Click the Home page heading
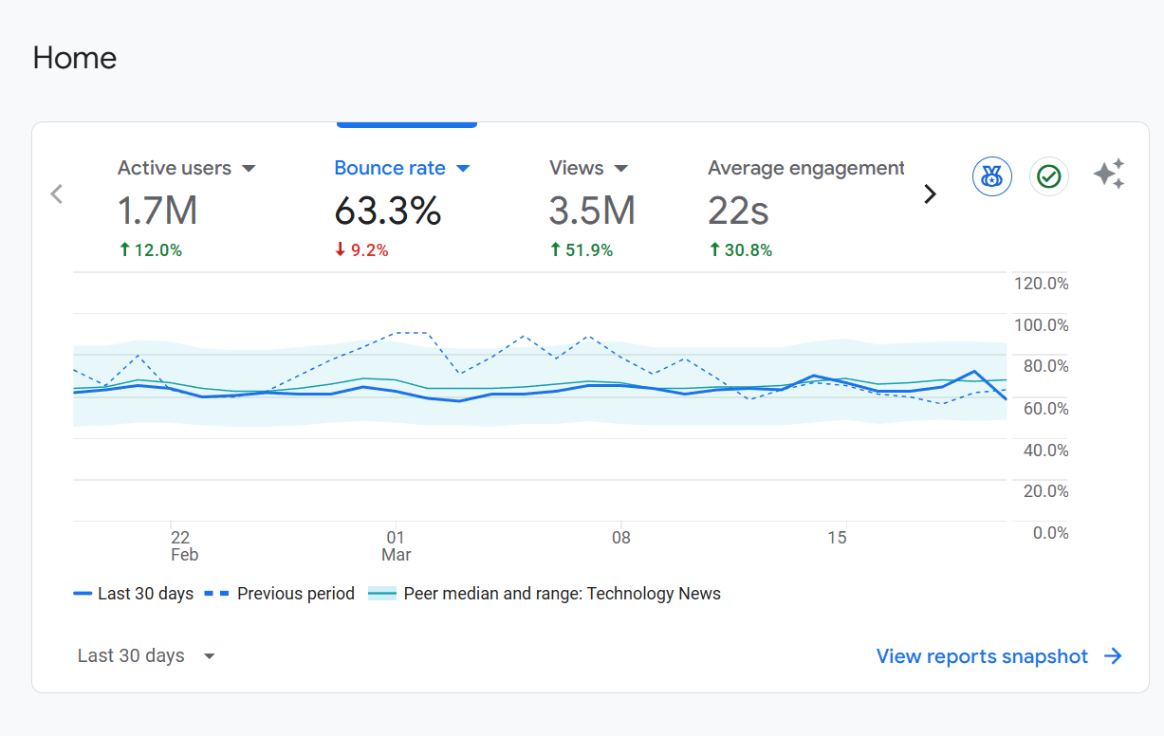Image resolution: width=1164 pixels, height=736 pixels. pyautogui.click(x=74, y=58)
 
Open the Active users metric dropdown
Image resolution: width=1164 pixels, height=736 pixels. pyautogui.click(x=249, y=169)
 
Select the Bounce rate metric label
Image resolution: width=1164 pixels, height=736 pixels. pyautogui.click(x=390, y=168)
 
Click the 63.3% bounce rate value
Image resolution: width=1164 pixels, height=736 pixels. pyautogui.click(x=387, y=211)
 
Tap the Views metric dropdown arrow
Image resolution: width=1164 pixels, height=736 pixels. pyautogui.click(x=621, y=169)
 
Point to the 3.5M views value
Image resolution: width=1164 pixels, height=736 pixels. pyautogui.click(x=591, y=211)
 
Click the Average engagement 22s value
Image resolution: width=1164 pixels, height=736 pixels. pyautogui.click(x=738, y=211)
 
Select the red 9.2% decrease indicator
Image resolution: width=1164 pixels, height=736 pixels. pyautogui.click(x=361, y=250)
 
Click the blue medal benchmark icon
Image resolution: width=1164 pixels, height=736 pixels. pyautogui.click(x=992, y=176)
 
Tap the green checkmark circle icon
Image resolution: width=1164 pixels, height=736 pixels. pyautogui.click(x=1048, y=176)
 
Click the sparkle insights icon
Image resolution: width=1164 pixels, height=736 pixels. pyautogui.click(x=1108, y=175)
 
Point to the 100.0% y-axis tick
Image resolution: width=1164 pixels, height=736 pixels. pyautogui.click(x=1042, y=325)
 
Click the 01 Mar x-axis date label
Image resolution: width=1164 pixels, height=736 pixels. pyautogui.click(x=396, y=545)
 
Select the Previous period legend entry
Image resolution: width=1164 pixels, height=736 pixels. pyautogui.click(x=280, y=594)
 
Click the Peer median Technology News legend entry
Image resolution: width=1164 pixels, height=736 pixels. pyautogui.click(x=545, y=594)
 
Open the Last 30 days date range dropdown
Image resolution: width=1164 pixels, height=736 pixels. pyautogui.click(x=146, y=655)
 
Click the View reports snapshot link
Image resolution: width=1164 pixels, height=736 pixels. pyautogui.click(x=999, y=656)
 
